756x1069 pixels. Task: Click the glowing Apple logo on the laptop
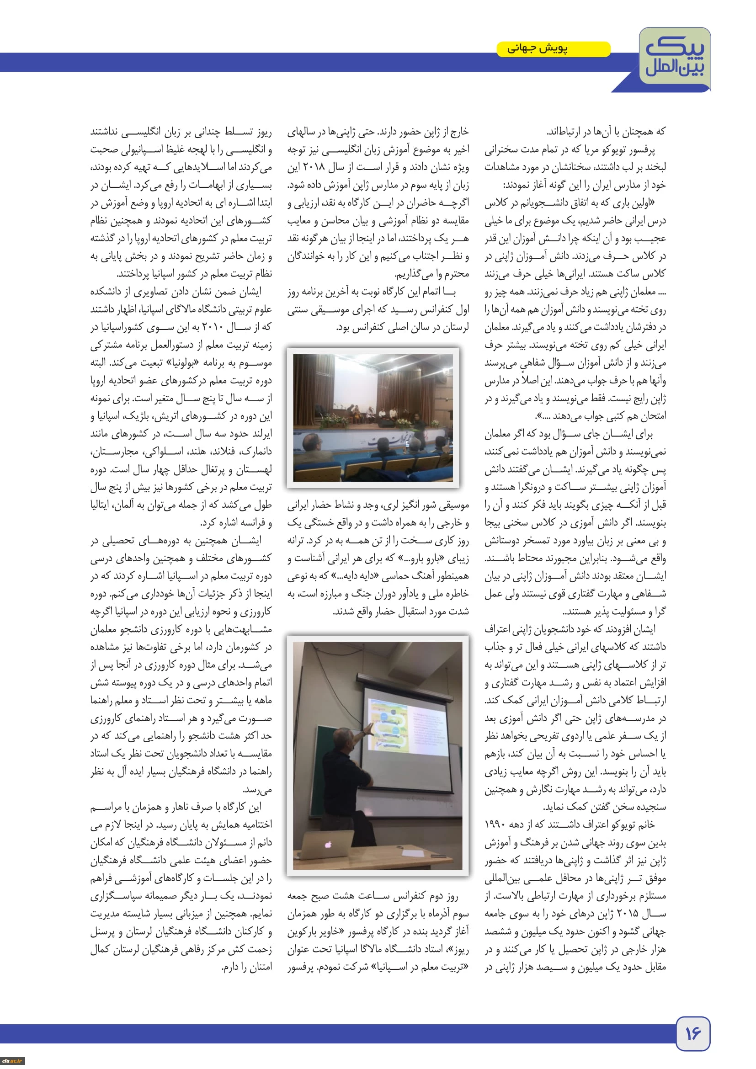pyautogui.click(x=328, y=844)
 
